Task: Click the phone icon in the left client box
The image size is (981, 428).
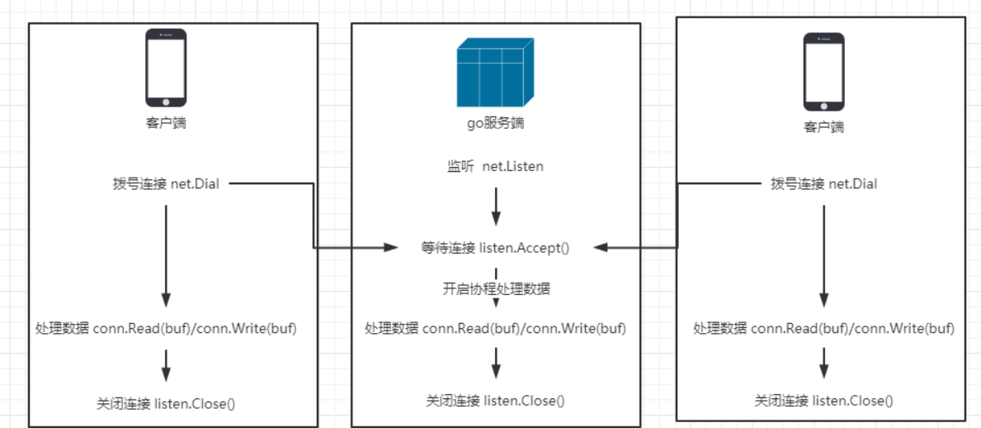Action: pyautogui.click(x=166, y=68)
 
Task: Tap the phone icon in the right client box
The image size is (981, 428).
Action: pyautogui.click(x=823, y=72)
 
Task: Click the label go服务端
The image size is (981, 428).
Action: pyautogui.click(x=496, y=124)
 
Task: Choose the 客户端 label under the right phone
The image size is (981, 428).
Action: pyautogui.click(x=823, y=127)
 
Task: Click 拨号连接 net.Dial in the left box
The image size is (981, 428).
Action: pyautogui.click(x=166, y=183)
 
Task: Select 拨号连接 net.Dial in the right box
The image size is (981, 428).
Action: pyautogui.click(x=823, y=183)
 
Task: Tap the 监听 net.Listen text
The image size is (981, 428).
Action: pyautogui.click(x=490, y=166)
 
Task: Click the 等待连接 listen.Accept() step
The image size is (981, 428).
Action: pyautogui.click(x=496, y=246)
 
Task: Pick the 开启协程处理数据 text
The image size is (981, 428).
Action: pyautogui.click(x=496, y=288)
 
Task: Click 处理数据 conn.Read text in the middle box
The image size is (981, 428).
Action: pyautogui.click(x=495, y=328)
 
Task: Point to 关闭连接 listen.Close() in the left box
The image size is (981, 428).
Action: pyautogui.click(x=166, y=403)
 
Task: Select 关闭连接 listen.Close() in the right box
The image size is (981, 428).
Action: pyautogui.click(x=823, y=401)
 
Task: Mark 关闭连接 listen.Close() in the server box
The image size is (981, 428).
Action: pyautogui.click(x=495, y=401)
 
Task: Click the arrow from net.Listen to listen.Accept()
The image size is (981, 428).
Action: pyautogui.click(x=496, y=207)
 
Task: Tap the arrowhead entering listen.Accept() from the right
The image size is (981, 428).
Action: pyautogui.click(x=600, y=246)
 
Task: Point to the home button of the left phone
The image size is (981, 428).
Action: pyautogui.click(x=166, y=102)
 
